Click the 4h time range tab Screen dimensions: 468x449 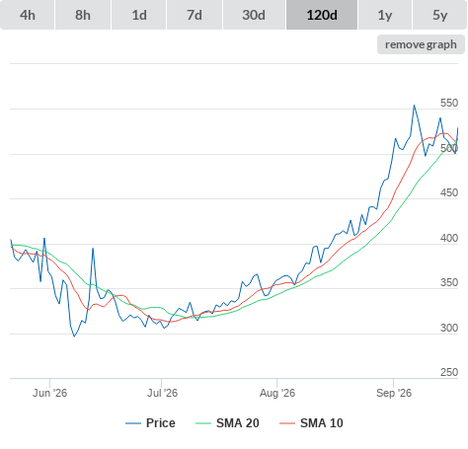[x=28, y=15]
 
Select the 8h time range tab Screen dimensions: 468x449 [x=83, y=15]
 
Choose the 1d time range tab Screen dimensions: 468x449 [x=139, y=15]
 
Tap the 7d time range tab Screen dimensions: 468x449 [x=195, y=15]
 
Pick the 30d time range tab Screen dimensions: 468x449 [x=254, y=15]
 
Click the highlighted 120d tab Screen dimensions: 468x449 [x=322, y=15]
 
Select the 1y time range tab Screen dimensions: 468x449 [x=385, y=15]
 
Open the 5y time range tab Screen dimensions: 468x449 [x=440, y=15]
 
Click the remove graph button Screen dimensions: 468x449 [x=421, y=44]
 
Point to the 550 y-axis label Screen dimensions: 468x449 [x=449, y=103]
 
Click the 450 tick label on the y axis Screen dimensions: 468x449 [x=449, y=192]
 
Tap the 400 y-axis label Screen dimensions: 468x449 [x=449, y=238]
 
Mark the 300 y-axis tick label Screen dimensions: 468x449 [x=449, y=328]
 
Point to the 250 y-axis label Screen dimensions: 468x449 [x=449, y=372]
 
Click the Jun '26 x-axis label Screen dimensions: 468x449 [x=49, y=393]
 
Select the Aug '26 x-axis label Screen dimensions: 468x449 [x=277, y=393]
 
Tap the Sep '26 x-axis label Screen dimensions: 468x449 [x=394, y=393]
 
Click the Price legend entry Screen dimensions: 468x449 [x=150, y=423]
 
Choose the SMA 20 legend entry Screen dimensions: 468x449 [x=227, y=423]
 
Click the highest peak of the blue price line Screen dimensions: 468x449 [x=414, y=106]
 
